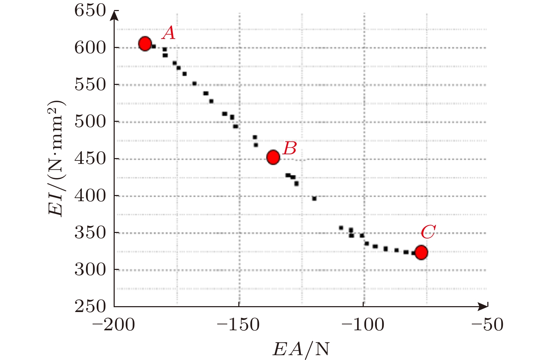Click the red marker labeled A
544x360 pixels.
[x=145, y=43]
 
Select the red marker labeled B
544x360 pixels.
[x=273, y=157]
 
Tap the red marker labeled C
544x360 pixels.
[x=421, y=252]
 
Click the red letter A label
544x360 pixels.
[x=169, y=33]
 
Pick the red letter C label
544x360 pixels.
[x=428, y=232]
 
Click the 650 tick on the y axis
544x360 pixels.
[x=90, y=10]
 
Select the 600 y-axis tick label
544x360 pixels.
[x=90, y=48]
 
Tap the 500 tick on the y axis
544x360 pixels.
[x=90, y=121]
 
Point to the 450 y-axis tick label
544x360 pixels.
[x=90, y=159]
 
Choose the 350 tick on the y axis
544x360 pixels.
[x=90, y=233]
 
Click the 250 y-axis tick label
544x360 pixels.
[x=90, y=307]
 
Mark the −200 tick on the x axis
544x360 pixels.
[x=114, y=325]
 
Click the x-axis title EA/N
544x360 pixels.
[x=301, y=349]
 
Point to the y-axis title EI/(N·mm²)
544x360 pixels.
[x=56, y=158]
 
